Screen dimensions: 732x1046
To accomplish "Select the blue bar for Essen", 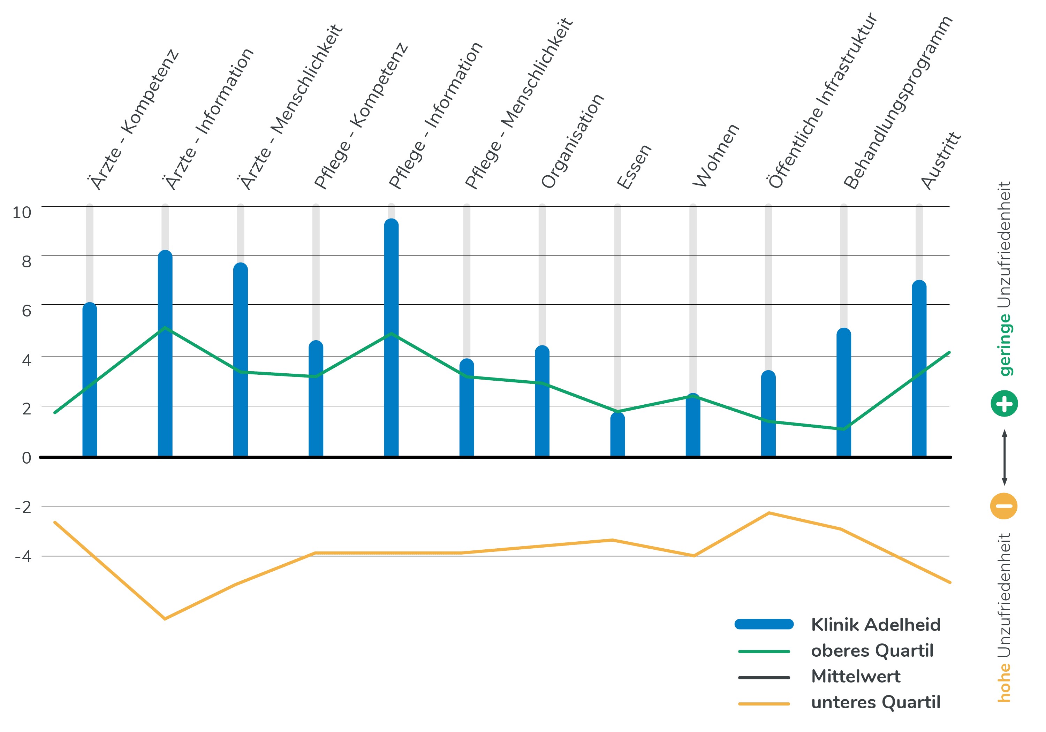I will click(617, 435).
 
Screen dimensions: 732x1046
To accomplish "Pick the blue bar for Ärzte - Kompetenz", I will click(90, 380).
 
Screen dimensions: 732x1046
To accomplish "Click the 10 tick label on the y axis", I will click(22, 212).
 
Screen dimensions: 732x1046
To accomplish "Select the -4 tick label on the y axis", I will click(23, 556).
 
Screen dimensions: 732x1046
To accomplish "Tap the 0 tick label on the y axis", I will click(26, 458).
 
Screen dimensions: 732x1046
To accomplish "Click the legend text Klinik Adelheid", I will click(876, 625).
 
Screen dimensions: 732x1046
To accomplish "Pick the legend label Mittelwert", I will click(856, 677).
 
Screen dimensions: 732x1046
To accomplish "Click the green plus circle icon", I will click(1004, 404).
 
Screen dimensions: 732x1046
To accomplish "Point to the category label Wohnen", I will click(716, 155).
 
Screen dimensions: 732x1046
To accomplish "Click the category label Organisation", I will click(572, 141).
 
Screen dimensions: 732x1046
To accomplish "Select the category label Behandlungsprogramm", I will click(897, 102).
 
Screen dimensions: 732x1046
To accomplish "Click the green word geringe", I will click(1005, 345).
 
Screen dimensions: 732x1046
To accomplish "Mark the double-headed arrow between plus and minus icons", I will click(1005, 457).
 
